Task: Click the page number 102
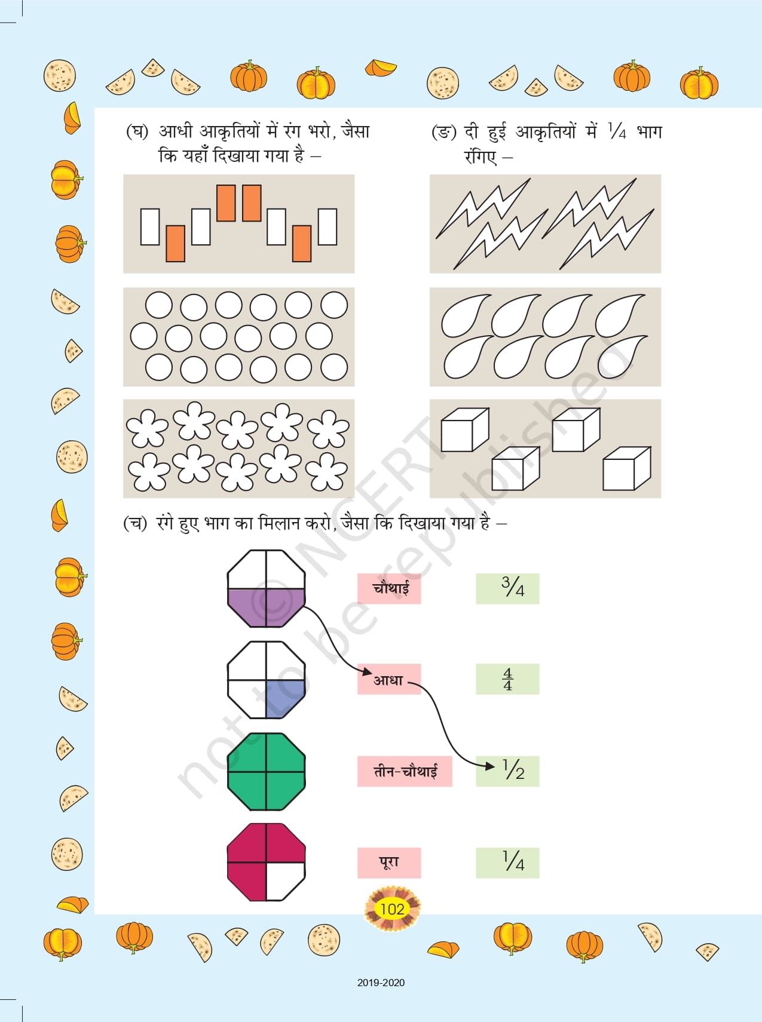click(392, 909)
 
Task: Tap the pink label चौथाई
click(389, 588)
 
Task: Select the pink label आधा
click(389, 679)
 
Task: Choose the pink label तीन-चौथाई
click(405, 771)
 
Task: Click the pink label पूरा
click(389, 863)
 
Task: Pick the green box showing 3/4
click(507, 588)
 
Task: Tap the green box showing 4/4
click(507, 679)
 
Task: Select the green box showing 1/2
click(507, 771)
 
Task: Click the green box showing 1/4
click(507, 863)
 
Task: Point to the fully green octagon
click(266, 772)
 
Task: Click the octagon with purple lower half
click(266, 588)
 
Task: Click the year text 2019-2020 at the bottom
click(381, 983)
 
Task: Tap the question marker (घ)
click(137, 131)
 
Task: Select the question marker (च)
click(134, 523)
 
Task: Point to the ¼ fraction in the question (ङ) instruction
click(617, 131)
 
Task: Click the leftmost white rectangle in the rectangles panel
click(150, 226)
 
